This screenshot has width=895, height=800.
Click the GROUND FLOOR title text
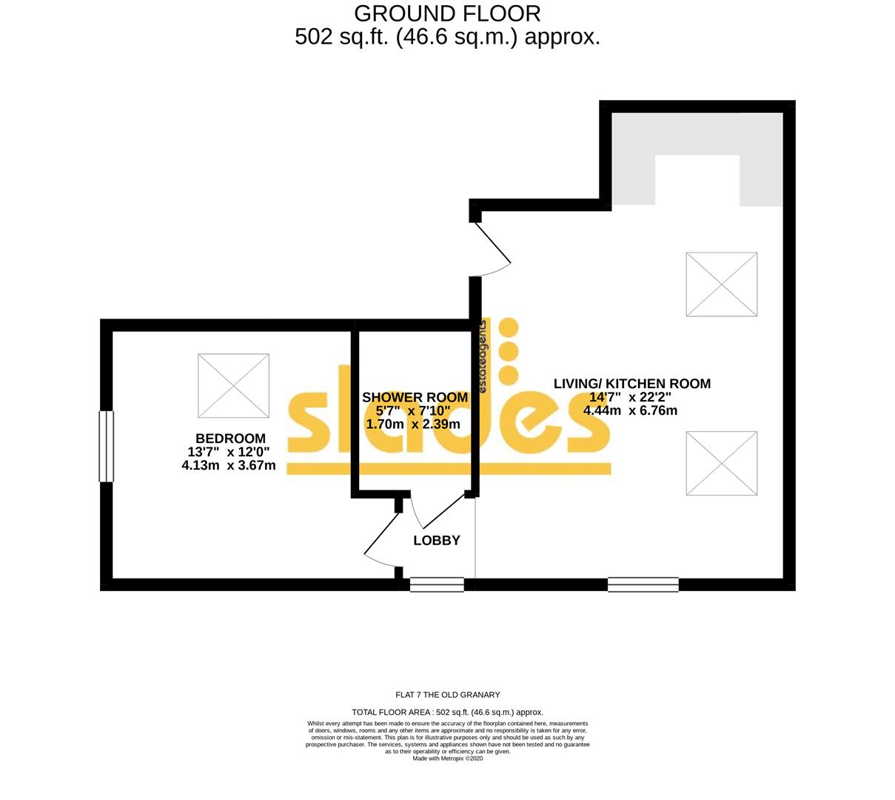pos(447,13)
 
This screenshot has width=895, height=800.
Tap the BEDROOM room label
pos(230,439)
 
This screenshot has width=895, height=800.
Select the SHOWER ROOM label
pos(415,398)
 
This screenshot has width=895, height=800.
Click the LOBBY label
pos(437,541)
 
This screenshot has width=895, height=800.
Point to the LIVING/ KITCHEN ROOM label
pos(631,384)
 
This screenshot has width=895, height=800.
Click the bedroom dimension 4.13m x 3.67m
pos(229,466)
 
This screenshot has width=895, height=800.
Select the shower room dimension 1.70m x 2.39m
pos(413,424)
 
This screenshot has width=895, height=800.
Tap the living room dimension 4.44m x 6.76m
pos(630,410)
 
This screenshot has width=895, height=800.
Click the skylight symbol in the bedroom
pos(233,386)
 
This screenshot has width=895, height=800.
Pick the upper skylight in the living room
pos(721,284)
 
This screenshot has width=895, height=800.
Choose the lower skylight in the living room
pos(721,464)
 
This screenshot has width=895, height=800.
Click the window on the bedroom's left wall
pos(107,447)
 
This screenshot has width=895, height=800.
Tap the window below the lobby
pos(437,584)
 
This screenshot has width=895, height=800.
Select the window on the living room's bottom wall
pos(643,584)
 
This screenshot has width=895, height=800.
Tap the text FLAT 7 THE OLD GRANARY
pos(448,695)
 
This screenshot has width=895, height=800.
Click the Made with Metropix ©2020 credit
pos(447,759)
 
